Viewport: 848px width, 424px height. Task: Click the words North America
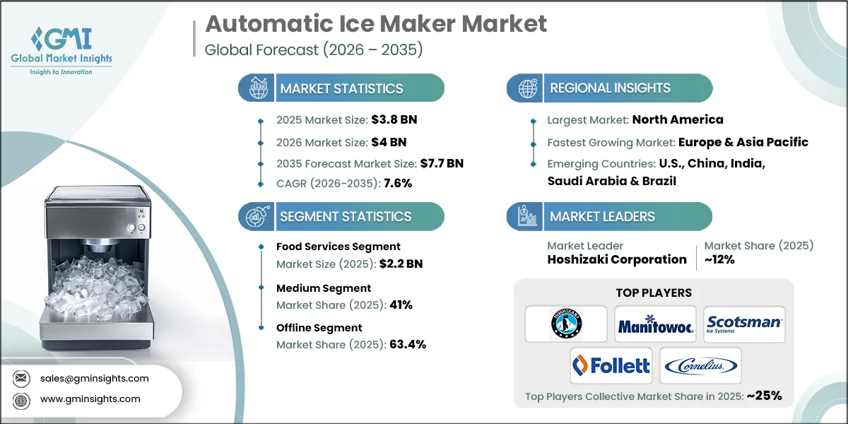(x=678, y=119)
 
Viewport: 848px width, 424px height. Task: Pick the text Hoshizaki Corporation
(x=617, y=259)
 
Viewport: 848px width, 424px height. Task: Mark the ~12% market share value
(x=719, y=259)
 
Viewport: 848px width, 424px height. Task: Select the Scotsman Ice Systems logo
(x=744, y=324)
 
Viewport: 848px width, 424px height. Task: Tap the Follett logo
(x=611, y=365)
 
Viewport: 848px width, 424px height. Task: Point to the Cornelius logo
(x=700, y=365)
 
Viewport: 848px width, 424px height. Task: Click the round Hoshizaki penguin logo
(x=566, y=324)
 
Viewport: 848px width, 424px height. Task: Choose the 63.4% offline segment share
(x=407, y=344)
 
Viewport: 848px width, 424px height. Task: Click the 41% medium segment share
(x=400, y=305)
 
